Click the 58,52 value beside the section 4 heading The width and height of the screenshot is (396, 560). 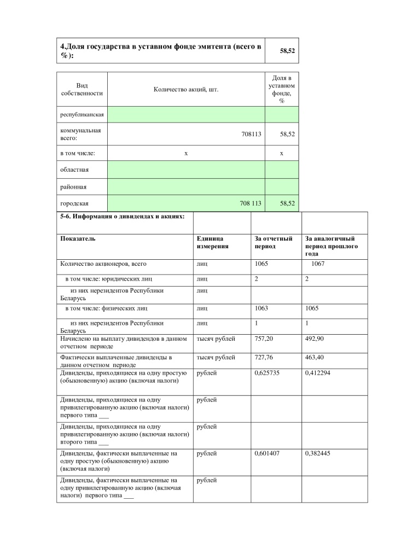[x=287, y=50]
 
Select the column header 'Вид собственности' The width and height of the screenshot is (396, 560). [x=81, y=89]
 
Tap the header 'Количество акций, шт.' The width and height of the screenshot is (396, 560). [x=186, y=89]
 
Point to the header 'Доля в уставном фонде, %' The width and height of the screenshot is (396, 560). [x=282, y=90]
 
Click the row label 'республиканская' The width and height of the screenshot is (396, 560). [x=82, y=115]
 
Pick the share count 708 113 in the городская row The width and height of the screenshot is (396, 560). [x=251, y=203]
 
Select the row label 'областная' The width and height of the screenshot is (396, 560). [x=74, y=170]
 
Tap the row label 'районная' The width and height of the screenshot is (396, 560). [x=73, y=187]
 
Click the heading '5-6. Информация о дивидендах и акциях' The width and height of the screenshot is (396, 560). [x=122, y=215]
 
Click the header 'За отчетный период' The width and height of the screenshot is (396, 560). [x=273, y=242]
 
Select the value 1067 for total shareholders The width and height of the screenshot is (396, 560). [x=318, y=264]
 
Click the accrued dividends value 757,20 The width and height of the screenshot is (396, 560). [x=264, y=339]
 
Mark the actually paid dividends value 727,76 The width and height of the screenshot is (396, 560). [x=264, y=357]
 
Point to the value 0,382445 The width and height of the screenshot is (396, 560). [x=319, y=453]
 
